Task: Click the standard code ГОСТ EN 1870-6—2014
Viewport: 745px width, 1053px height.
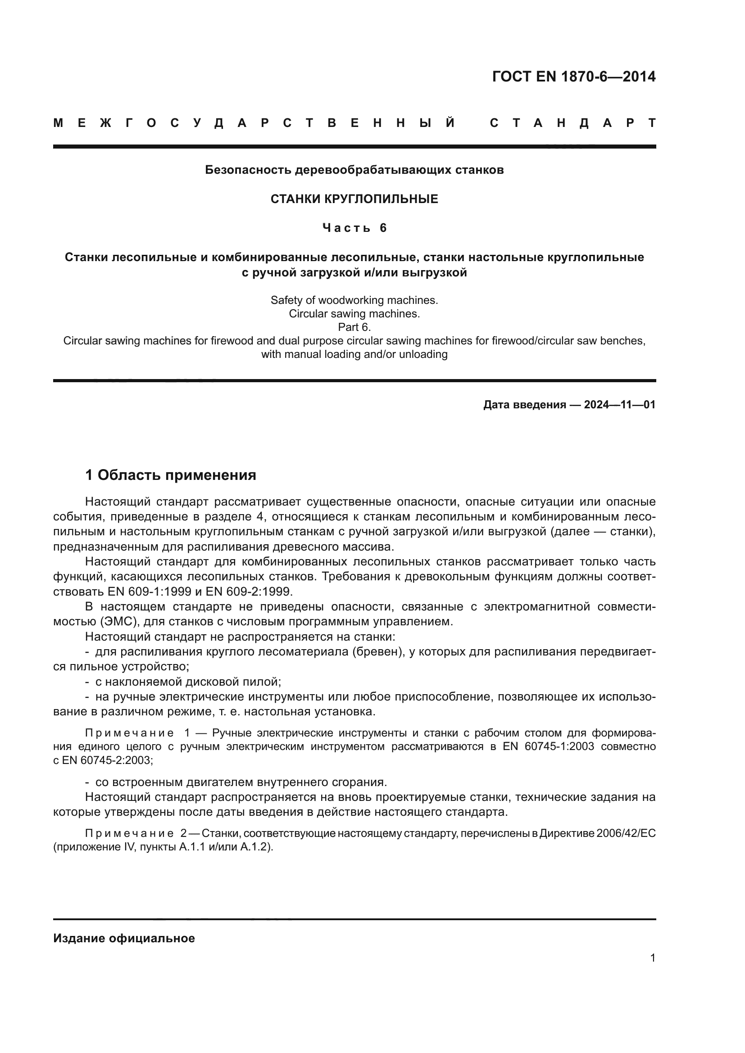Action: click(573, 77)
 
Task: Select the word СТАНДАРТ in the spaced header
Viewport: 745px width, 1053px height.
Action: click(572, 123)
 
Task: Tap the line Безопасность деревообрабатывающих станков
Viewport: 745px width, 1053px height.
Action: click(354, 170)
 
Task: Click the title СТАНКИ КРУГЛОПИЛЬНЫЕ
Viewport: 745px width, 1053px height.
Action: click(354, 199)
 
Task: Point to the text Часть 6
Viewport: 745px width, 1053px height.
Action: click(354, 228)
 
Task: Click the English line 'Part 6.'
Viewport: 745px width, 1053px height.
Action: click(354, 327)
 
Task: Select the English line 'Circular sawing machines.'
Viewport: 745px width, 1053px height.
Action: click(354, 314)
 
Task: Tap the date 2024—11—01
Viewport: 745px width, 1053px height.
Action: click(619, 405)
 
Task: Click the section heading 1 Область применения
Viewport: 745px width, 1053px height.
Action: click(170, 475)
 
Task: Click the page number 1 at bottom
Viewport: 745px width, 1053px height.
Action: click(652, 958)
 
